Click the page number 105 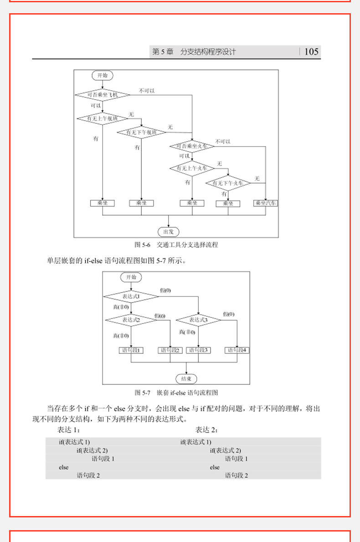click(x=311, y=52)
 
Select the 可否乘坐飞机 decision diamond click(x=102, y=95)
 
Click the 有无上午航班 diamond click(x=102, y=118)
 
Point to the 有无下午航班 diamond click(x=141, y=132)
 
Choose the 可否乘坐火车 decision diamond click(x=192, y=146)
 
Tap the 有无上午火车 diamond click(x=192, y=169)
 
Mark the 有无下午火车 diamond click(x=228, y=183)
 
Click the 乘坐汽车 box click(x=266, y=203)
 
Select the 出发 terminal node click(x=169, y=231)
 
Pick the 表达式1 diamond click(x=131, y=297)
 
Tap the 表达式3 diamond click(x=198, y=320)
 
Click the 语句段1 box click(x=131, y=350)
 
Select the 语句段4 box click(x=237, y=350)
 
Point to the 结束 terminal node click(x=186, y=378)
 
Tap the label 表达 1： click(x=69, y=430)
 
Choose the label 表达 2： click(x=207, y=430)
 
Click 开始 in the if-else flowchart click(x=131, y=277)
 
